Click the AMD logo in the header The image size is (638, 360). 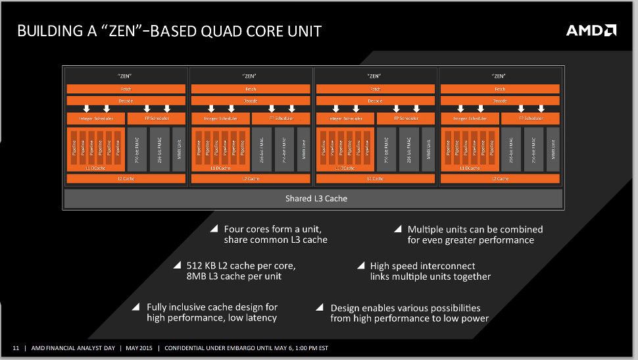pos(591,30)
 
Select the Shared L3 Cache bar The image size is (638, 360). pos(312,198)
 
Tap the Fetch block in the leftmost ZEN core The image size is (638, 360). pos(126,89)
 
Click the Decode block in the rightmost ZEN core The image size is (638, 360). pos(500,101)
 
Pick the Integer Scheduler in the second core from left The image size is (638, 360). pos(220,118)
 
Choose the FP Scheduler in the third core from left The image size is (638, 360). pos(405,118)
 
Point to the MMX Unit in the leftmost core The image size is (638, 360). pos(178,150)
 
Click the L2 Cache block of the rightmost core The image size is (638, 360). pos(500,178)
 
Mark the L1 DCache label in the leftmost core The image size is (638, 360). pos(95,168)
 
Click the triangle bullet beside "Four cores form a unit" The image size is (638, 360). pos(214,229)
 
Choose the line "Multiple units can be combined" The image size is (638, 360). pos(475,229)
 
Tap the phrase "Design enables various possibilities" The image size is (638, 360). pos(405,307)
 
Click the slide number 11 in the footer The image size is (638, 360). pos(16,347)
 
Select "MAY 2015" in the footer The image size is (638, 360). pos(140,347)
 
